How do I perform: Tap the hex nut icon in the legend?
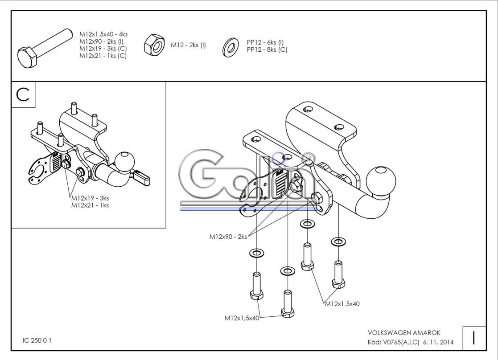coord(154,45)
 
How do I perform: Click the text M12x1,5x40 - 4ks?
coord(103,34)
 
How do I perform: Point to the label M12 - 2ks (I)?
coord(188,45)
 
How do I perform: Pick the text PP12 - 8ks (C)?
coord(267,49)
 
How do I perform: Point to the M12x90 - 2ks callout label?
coord(228,237)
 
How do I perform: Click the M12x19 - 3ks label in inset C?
coord(90,198)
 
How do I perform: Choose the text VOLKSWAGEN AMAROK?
coord(404,333)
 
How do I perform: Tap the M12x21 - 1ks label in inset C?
coord(90,205)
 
